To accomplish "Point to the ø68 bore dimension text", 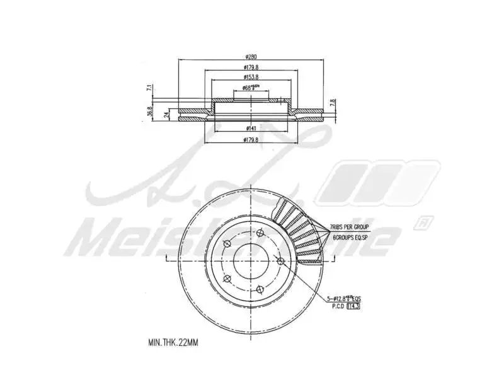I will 251,88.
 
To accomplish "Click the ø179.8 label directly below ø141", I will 251,140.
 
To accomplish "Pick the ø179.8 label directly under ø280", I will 251,68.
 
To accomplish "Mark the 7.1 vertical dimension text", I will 149,88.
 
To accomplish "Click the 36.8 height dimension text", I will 149,112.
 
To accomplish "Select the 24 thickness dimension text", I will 166,114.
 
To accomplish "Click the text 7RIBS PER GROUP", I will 350,226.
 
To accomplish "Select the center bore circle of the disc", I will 251,259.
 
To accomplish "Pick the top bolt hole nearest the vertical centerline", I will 260,231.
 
